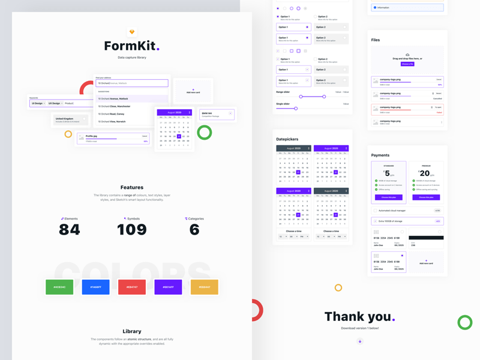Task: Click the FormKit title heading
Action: [131, 46]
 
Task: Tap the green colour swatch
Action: [59, 287]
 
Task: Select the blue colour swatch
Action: [96, 287]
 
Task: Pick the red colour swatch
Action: [132, 287]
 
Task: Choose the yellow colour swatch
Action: [205, 287]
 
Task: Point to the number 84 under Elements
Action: [70, 230]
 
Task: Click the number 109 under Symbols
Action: [132, 230]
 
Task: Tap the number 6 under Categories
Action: [194, 230]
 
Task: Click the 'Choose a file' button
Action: [407, 64]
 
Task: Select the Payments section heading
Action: [380, 155]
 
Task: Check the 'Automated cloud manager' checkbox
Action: [376, 211]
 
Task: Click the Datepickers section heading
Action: [287, 139]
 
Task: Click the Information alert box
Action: [407, 8]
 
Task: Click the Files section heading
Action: [376, 40]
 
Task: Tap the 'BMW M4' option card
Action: [216, 114]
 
